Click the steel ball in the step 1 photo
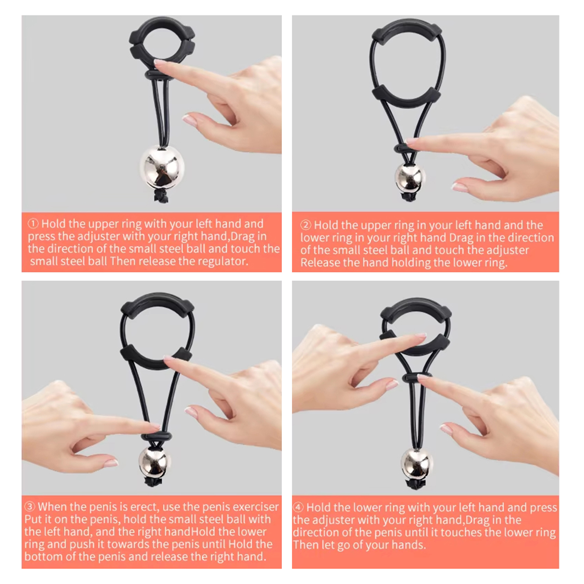pos(162,168)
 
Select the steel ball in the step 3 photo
pos(154,461)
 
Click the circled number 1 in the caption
pos(33,223)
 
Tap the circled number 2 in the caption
pos(306,225)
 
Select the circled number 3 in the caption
pos(30,507)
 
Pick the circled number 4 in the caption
pos(298,507)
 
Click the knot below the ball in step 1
pos(161,197)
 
